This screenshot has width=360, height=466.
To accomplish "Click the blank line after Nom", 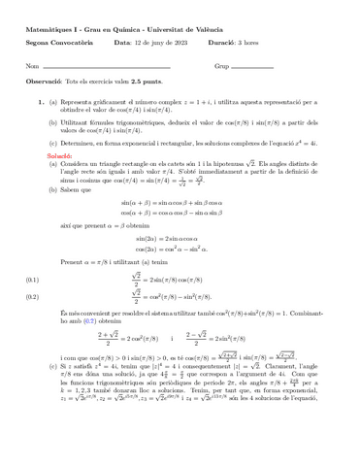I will (x=107, y=67).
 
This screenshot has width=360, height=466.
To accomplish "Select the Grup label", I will (x=221, y=66).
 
